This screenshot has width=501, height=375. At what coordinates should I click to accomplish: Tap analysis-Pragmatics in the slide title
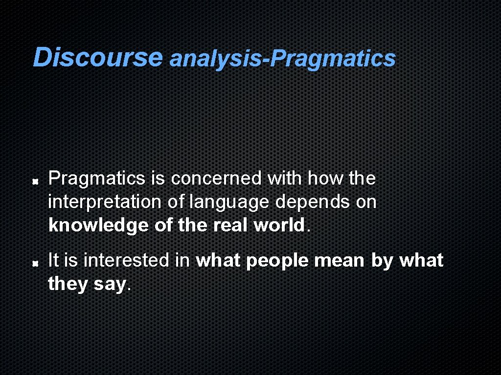tap(282, 59)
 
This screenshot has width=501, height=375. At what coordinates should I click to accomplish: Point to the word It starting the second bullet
tap(53, 260)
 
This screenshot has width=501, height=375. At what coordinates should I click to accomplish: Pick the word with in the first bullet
tap(284, 179)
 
